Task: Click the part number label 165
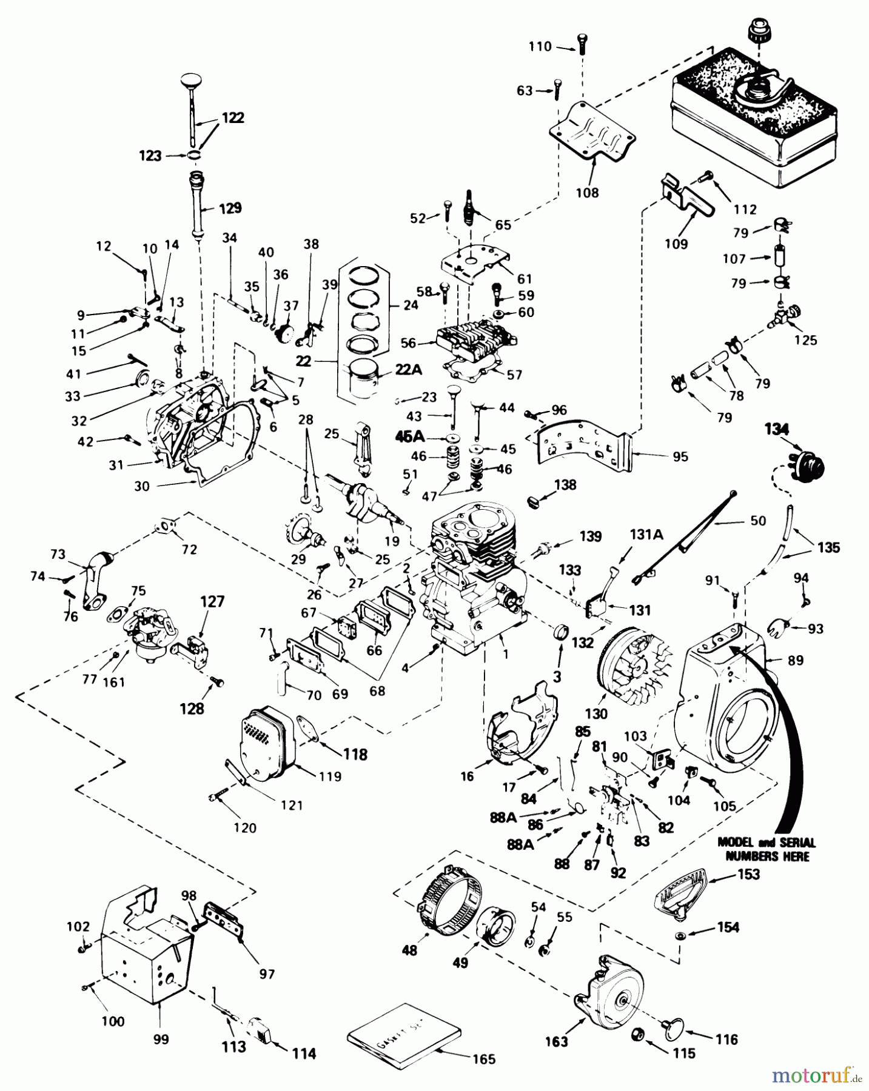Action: coord(483,1059)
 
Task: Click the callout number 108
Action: coord(587,193)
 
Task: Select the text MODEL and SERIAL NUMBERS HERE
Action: coord(767,849)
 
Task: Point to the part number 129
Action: coord(229,208)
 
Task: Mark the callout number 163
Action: coord(556,1041)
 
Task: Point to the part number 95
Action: coord(680,456)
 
